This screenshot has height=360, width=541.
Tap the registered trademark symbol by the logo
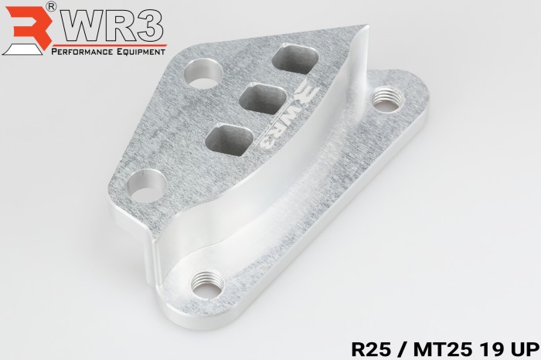tap(51, 7)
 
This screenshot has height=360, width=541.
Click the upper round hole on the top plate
tap(202, 74)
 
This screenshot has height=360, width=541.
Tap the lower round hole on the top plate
tap(146, 185)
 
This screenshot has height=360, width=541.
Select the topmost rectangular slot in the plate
tap(295, 59)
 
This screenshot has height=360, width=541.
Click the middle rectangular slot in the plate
tap(263, 99)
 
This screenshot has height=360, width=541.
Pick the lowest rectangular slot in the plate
tap(230, 141)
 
